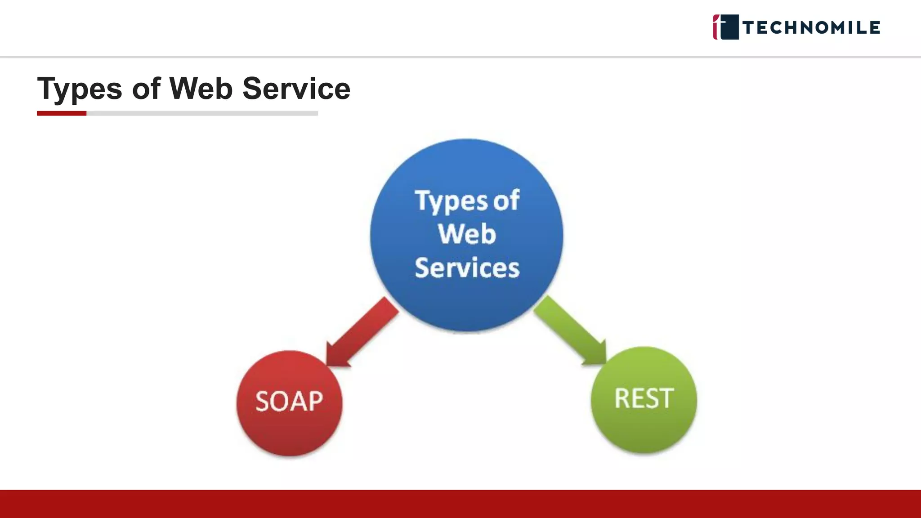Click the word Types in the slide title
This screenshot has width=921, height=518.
click(80, 89)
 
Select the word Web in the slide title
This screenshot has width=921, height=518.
click(201, 89)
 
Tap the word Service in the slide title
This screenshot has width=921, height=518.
click(296, 89)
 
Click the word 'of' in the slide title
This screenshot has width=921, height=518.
click(146, 89)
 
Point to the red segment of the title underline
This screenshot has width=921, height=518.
click(62, 113)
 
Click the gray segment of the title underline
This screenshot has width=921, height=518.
click(202, 113)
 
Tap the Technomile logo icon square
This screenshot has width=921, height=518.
click(726, 27)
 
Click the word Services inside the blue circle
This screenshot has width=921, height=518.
click(467, 268)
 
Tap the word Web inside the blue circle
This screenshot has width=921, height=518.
click(467, 234)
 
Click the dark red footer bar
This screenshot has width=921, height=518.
click(460, 504)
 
